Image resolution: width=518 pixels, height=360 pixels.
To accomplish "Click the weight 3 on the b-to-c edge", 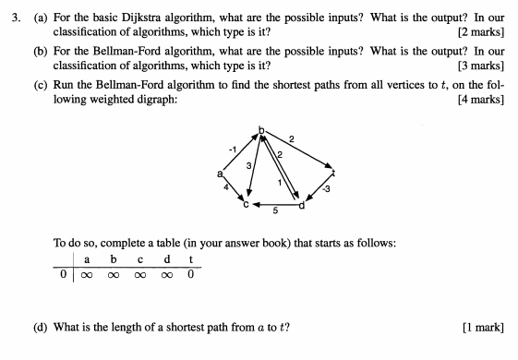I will tap(247, 165).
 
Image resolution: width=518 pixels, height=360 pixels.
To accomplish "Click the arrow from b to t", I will tap(299, 151).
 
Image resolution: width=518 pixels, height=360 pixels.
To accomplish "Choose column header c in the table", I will tap(139, 260).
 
